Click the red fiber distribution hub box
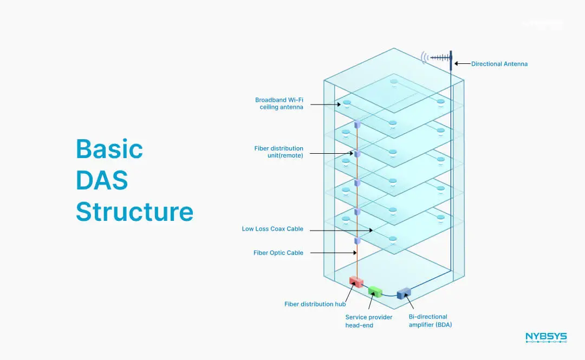pos(356,282)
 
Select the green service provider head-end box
pos(375,291)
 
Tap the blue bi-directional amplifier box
pos(404,293)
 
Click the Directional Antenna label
pos(499,64)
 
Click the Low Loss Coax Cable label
pos(272,229)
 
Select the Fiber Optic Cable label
pos(278,253)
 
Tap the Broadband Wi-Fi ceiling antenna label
pos(279,103)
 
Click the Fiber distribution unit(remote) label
pos(278,152)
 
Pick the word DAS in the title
pos(102,180)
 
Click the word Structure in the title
pos(134,211)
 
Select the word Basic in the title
pos(109,148)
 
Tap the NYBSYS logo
pos(545,338)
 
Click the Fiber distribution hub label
pos(315,304)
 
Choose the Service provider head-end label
pos(369,321)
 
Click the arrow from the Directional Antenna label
pos(462,64)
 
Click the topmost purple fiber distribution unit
pos(357,125)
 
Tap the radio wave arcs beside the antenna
pos(425,57)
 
